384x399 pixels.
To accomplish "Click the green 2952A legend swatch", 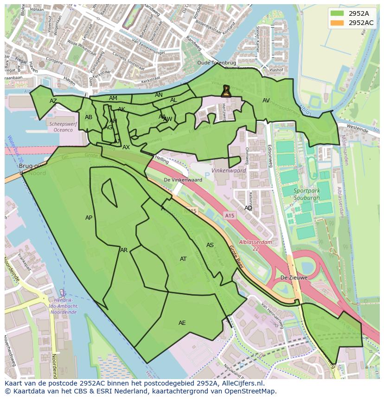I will point(338,14).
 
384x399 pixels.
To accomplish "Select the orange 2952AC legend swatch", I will point(338,23).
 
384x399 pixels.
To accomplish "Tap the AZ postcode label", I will point(53,101).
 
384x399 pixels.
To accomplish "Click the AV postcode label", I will point(266,101).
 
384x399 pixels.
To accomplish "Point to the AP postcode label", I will point(89,218).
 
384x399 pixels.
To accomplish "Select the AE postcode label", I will point(182,323).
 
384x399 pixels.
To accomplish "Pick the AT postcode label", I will point(183,259).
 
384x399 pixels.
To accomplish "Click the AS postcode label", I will point(210,245).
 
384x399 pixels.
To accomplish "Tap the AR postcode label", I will point(124,250).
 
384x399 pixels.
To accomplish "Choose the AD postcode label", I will point(249,208).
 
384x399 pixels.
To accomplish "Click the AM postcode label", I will point(113,98).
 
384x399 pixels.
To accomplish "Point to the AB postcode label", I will point(89,117).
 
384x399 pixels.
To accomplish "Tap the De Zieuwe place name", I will point(294,278).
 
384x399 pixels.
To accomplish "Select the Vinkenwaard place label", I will point(228,171).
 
